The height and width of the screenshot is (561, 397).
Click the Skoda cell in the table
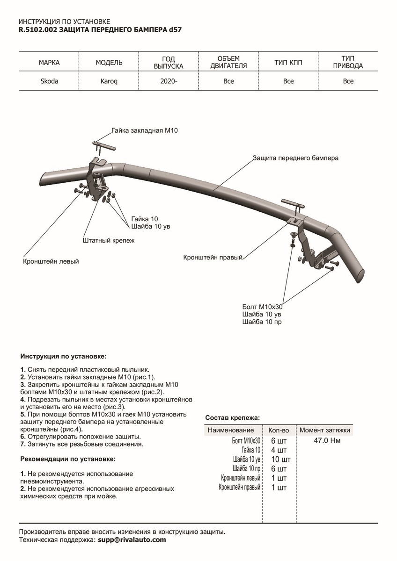click(x=49, y=81)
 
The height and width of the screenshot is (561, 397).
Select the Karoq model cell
click(x=109, y=81)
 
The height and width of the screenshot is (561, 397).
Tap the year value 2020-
click(x=169, y=81)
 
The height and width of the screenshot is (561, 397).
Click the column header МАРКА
click(x=49, y=62)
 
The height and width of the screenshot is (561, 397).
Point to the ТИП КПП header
click(x=288, y=62)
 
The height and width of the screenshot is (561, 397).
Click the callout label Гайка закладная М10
click(x=145, y=131)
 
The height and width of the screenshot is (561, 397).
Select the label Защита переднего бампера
click(x=295, y=158)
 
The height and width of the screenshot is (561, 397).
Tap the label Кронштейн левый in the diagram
click(x=51, y=261)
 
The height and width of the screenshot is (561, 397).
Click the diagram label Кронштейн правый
click(x=213, y=257)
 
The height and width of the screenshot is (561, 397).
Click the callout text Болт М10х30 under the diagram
click(x=263, y=307)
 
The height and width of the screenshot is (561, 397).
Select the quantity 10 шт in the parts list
click(x=281, y=459)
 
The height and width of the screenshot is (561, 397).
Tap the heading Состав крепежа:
click(x=233, y=417)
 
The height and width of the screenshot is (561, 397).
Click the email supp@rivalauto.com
click(x=132, y=540)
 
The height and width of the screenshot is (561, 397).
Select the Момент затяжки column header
click(x=324, y=430)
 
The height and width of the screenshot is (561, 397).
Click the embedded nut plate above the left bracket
click(x=104, y=145)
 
